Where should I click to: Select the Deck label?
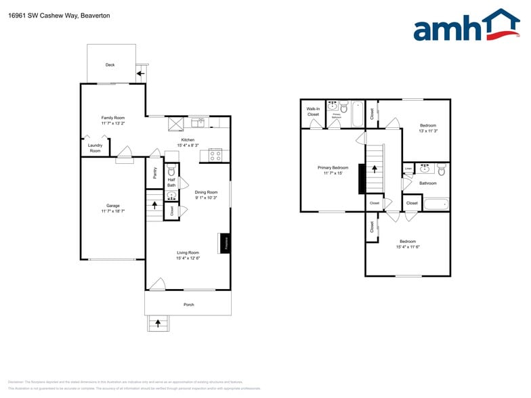click(110, 65)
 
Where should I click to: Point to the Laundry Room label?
click(95, 148)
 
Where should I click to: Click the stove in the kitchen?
click(215, 155)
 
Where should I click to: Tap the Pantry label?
click(154, 173)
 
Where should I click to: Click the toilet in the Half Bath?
click(171, 172)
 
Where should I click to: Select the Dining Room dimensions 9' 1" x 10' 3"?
click(206, 198)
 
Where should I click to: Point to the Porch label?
click(189, 305)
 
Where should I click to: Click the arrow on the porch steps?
click(158, 324)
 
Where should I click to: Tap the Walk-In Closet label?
click(313, 112)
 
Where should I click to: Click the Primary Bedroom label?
click(333, 167)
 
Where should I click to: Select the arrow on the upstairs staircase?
click(373, 168)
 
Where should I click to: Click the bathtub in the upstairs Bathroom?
click(436, 203)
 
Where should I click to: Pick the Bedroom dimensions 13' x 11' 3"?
click(428, 131)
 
